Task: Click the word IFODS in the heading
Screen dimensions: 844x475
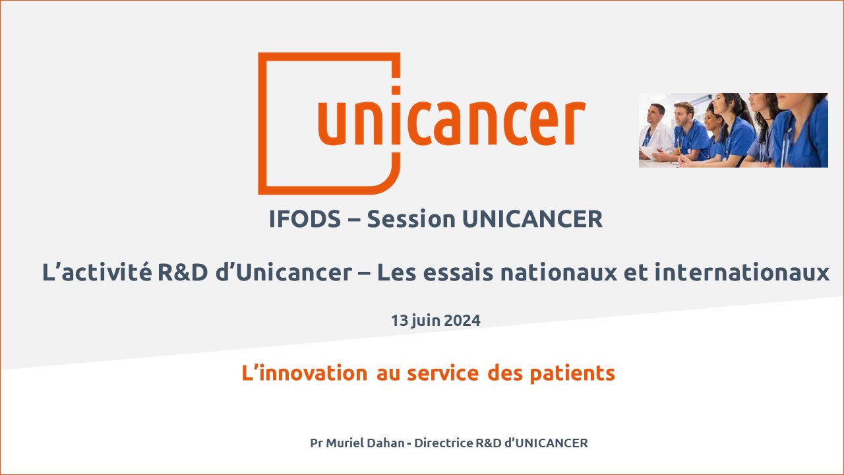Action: [x=305, y=219]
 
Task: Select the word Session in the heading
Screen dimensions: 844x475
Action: [x=411, y=219]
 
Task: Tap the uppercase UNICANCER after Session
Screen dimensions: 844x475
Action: [x=532, y=219]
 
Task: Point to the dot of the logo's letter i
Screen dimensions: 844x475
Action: [x=396, y=90]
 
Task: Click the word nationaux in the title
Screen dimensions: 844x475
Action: [x=558, y=272]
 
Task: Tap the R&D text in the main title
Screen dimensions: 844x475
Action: [x=183, y=272]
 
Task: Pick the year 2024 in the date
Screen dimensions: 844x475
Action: [x=462, y=321]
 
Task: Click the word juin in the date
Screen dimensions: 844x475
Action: [x=427, y=321]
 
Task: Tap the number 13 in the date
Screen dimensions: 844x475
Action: [x=400, y=321]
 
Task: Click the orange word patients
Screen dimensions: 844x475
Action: [x=572, y=374]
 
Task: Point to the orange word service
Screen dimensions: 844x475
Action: [x=442, y=373]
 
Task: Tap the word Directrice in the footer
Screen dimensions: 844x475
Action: [x=444, y=443]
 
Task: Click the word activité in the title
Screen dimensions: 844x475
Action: [x=107, y=272]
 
